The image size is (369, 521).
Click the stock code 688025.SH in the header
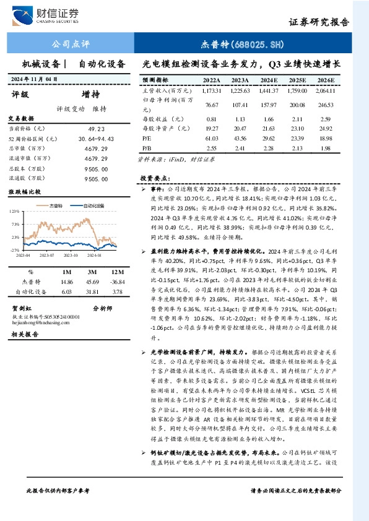click(x=243, y=45)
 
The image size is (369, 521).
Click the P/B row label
click(x=147, y=149)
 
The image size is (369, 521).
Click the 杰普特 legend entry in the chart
click(x=58, y=205)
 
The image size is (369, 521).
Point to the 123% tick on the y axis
click(x=15, y=212)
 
